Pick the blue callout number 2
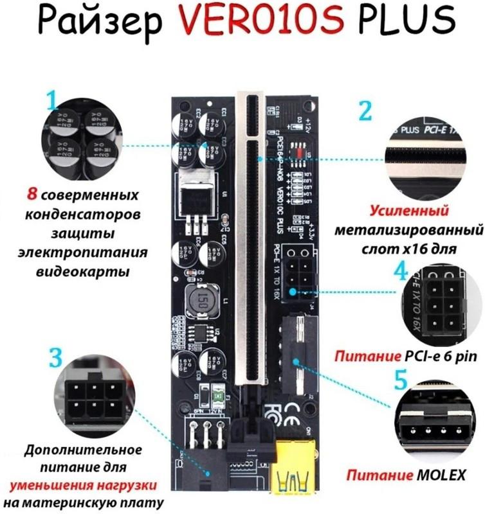365,110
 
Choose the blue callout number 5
399,379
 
